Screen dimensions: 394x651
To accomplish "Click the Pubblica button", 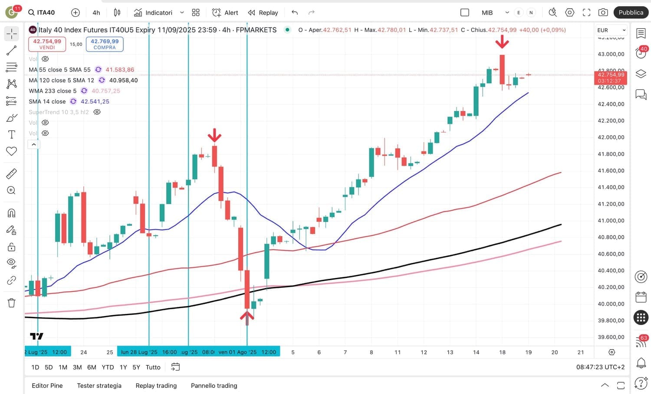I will [x=631, y=13].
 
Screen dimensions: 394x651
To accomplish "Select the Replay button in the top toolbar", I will [x=263, y=13].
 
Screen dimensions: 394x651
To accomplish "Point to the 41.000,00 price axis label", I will [x=611, y=221].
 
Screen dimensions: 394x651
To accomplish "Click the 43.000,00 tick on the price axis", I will [x=611, y=54].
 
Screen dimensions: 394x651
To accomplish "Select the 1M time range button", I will [x=63, y=367].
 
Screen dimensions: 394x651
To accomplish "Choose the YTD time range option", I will [x=108, y=367].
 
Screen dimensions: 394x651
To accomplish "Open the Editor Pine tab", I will [x=47, y=386].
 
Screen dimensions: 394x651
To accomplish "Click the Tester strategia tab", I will [x=99, y=386].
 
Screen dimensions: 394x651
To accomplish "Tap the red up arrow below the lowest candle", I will [x=247, y=317].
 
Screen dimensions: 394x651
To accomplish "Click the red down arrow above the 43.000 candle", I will [x=502, y=42].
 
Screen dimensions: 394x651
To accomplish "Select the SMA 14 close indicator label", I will [x=47, y=101].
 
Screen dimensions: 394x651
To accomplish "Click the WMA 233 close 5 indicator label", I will [x=53, y=91].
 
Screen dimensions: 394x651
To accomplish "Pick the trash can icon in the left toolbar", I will [x=12, y=303].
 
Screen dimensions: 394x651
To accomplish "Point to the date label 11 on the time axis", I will [x=398, y=352].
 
